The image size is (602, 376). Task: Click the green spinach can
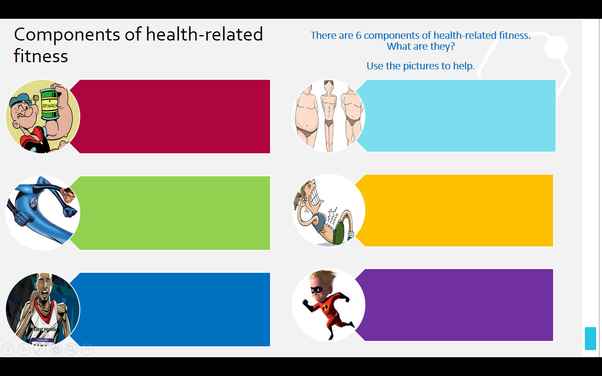[49, 104]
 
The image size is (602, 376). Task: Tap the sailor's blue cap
[20, 99]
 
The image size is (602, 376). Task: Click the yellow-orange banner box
[454, 211]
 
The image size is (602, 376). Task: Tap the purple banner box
[454, 305]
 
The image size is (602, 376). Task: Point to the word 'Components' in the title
[67, 35]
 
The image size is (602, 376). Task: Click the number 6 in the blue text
[359, 36]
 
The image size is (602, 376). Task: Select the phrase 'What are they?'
[421, 46]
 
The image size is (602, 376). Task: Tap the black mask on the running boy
[317, 290]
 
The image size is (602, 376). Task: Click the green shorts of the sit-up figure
[339, 232]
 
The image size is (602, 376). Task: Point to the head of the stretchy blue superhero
[68, 195]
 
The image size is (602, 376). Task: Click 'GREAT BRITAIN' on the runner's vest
[45, 329]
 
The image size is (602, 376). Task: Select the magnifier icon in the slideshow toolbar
[71, 349]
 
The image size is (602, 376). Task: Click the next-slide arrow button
[24, 349]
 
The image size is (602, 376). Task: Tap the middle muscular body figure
[329, 115]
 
